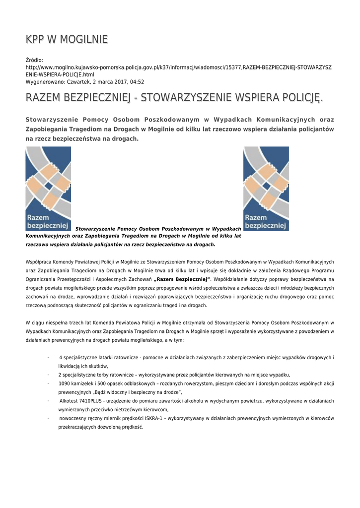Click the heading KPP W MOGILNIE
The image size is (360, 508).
(x=67, y=40)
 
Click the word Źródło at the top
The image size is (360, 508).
(x=34, y=60)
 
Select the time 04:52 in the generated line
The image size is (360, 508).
(x=136, y=82)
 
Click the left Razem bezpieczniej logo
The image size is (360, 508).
(x=48, y=189)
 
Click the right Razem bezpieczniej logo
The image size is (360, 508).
(x=266, y=189)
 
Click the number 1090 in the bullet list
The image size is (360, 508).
(x=65, y=383)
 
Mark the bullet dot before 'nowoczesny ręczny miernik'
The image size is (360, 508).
(x=48, y=418)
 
